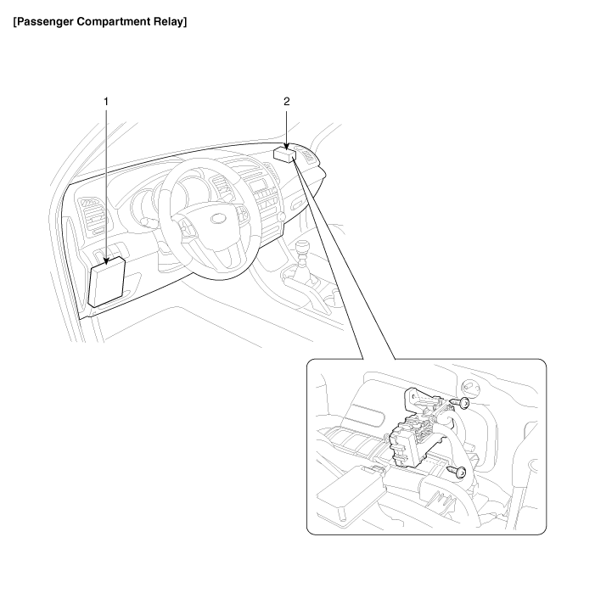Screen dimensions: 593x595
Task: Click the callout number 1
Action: pyautogui.click(x=106, y=101)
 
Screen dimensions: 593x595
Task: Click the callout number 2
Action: pyautogui.click(x=286, y=101)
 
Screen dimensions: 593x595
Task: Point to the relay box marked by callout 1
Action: pyautogui.click(x=109, y=282)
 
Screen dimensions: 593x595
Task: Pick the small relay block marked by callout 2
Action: pyautogui.click(x=285, y=154)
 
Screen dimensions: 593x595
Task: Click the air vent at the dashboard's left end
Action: pyautogui.click(x=89, y=210)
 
